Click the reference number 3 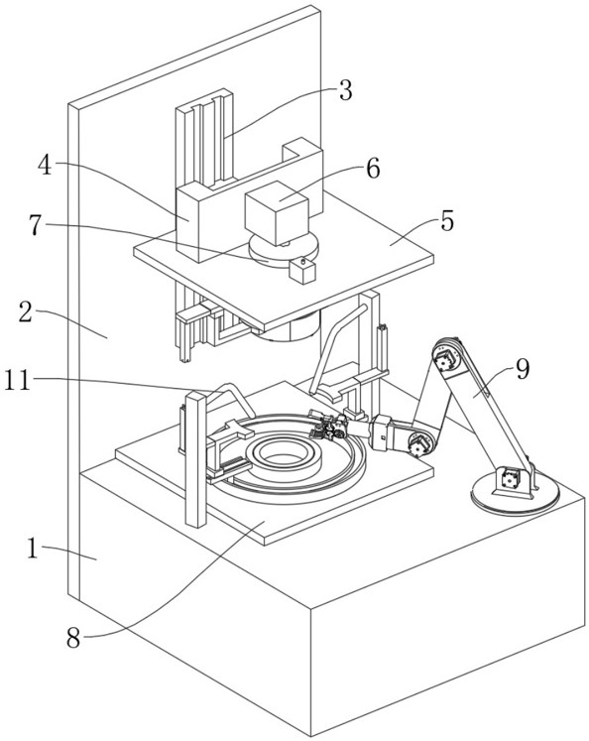point(346,90)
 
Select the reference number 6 point(373,169)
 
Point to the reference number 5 point(447,220)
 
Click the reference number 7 point(36,225)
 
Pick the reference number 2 point(26,311)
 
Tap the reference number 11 point(18,381)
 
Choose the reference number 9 point(522,369)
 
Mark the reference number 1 point(32,549)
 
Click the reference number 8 point(73,639)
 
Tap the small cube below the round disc point(301,271)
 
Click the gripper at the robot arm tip point(327,425)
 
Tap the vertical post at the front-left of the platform point(195,459)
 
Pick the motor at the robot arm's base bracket point(509,477)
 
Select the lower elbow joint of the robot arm point(419,444)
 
